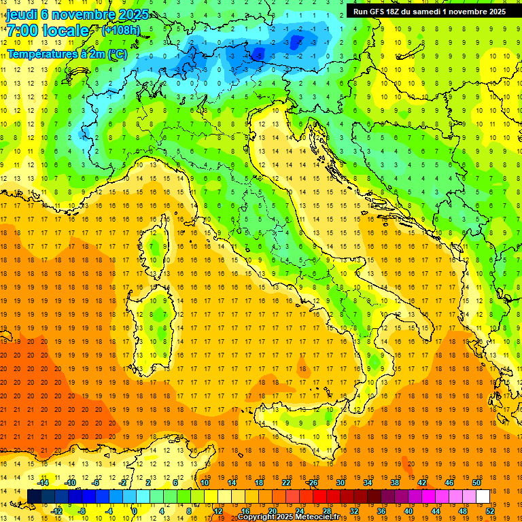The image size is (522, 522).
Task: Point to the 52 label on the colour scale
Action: [490, 510]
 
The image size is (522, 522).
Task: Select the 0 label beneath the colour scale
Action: [134, 510]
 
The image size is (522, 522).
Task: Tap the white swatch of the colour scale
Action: [483, 496]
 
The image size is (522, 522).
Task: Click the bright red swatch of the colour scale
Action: [319, 496]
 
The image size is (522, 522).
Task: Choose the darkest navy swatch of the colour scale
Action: [34, 496]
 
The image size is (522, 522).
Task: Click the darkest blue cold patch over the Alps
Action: [295, 42]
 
